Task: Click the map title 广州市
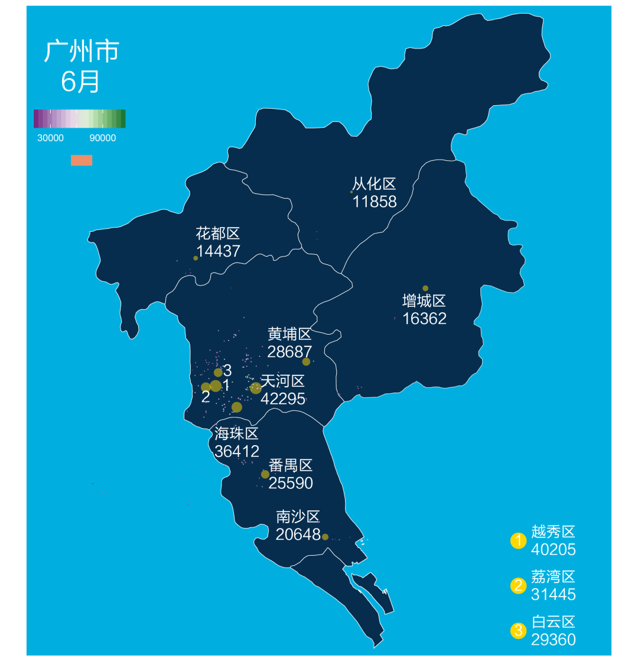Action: pos(82,51)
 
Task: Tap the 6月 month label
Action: pos(80,82)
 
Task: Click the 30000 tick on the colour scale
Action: pos(50,138)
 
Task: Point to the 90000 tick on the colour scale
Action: pos(102,138)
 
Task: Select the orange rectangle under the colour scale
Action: pos(82,160)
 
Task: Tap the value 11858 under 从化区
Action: pos(375,202)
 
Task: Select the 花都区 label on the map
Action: pos(218,234)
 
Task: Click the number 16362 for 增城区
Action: pos(424,319)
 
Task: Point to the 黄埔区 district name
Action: pos(289,334)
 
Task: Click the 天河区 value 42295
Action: pos(283,398)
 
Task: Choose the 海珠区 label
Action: pos(237,434)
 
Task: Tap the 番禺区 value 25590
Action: pos(291,483)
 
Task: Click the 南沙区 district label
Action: pos(298,517)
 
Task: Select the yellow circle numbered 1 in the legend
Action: pos(518,540)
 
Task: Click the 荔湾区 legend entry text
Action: pos(553,576)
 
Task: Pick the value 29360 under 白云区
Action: pos(553,640)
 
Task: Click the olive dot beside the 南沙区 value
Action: pos(325,537)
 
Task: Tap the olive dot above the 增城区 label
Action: pos(425,288)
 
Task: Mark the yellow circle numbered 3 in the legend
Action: pos(518,631)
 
